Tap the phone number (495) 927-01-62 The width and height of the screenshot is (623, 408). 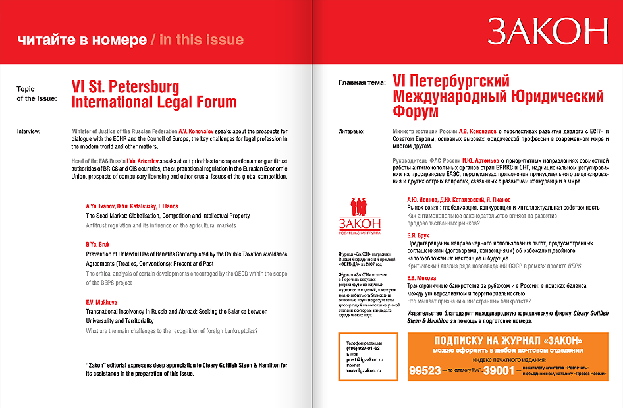[362, 348]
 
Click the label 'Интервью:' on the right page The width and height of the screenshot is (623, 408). [352, 130]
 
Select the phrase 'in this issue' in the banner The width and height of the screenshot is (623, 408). [202, 40]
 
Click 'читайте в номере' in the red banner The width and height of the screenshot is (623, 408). [82, 40]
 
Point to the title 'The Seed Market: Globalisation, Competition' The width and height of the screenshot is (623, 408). [168, 216]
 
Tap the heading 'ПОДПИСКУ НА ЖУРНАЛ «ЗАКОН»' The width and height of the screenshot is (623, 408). [508, 341]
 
